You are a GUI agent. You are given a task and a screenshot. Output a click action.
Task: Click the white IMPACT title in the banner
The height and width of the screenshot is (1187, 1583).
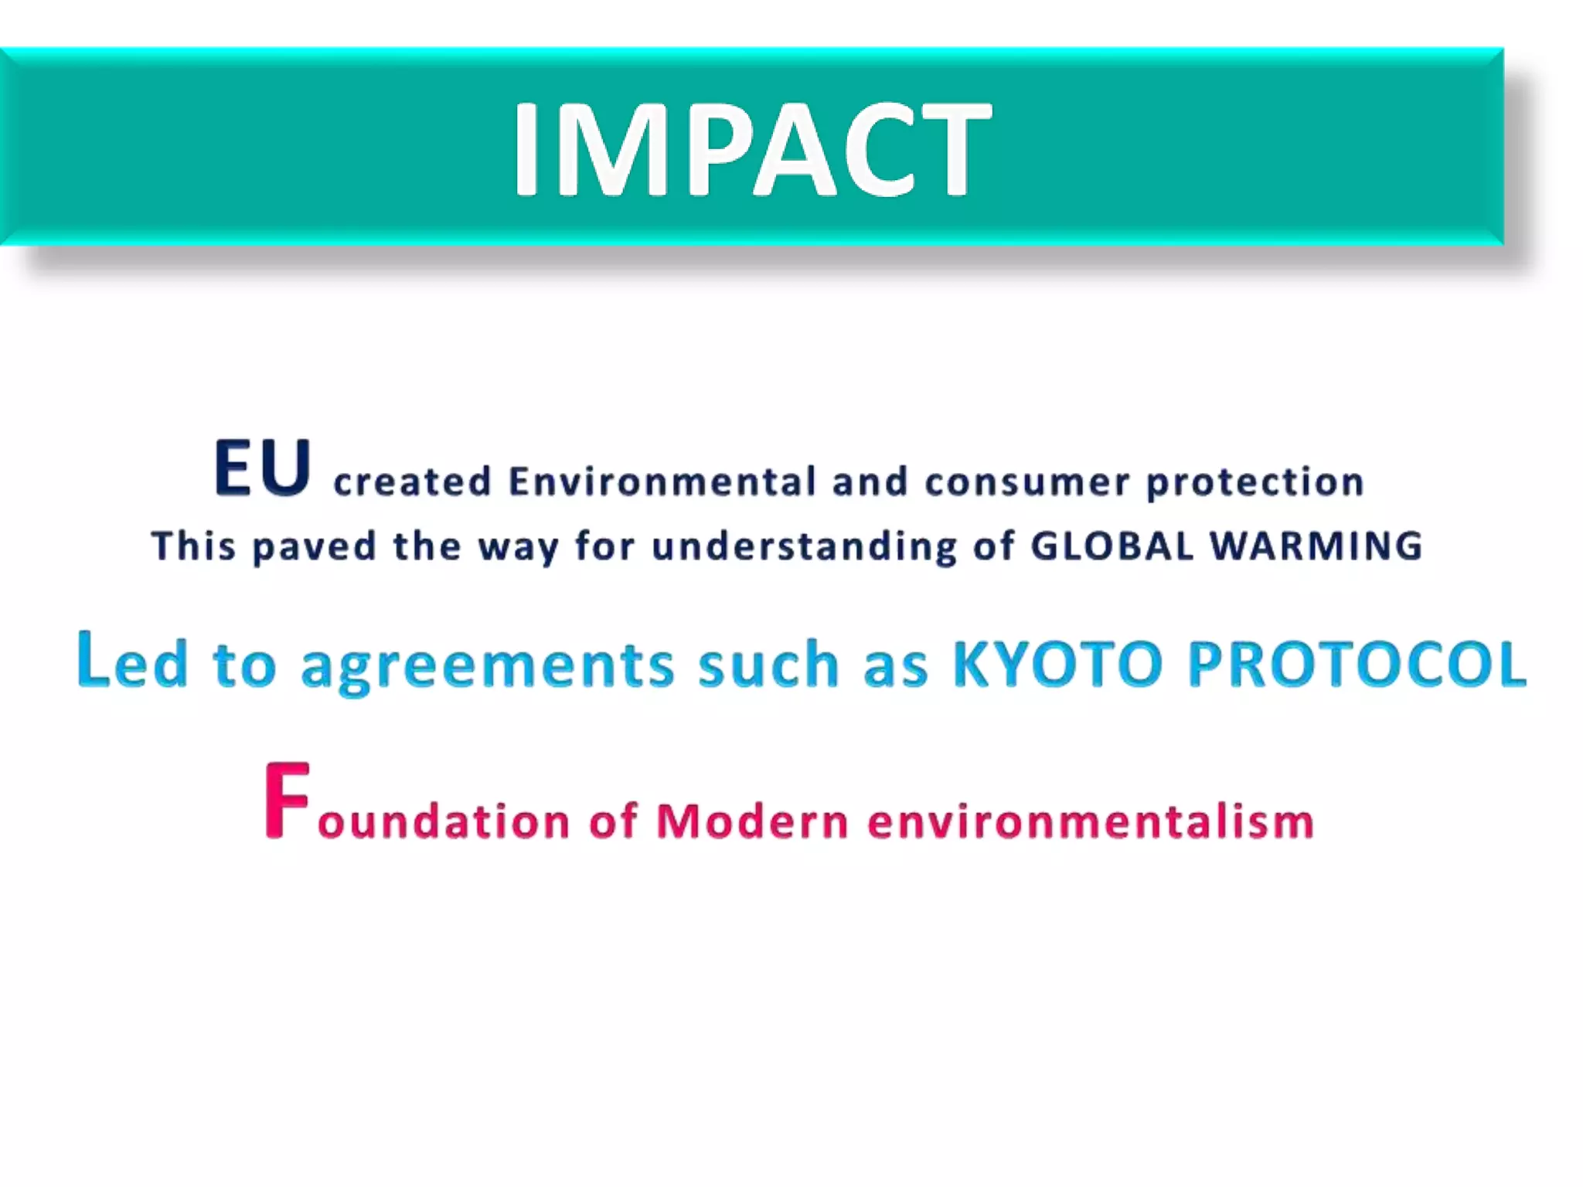point(751,148)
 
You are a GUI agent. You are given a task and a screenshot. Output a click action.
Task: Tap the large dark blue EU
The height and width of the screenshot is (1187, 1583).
point(263,468)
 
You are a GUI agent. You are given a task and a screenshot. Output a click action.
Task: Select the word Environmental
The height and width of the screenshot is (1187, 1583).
point(662,482)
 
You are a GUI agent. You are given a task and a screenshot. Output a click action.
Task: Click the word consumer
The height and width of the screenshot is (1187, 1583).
point(1027,482)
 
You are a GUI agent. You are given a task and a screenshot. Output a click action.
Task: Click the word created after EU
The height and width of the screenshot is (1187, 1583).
point(412,482)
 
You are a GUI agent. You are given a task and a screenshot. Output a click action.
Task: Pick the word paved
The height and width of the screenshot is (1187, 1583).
point(315,547)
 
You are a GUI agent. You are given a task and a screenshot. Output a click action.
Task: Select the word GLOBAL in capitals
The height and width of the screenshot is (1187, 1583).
point(1113,546)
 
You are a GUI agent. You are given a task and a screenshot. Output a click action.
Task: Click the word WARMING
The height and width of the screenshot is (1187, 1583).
point(1316,546)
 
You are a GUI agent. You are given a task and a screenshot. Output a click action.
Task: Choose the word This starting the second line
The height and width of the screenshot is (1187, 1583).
point(193,546)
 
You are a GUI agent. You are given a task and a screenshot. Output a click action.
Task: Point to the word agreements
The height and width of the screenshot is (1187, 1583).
point(488,666)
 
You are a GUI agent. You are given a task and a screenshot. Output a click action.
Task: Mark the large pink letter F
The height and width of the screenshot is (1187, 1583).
point(287,801)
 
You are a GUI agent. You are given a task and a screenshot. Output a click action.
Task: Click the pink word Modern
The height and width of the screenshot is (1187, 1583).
point(752,821)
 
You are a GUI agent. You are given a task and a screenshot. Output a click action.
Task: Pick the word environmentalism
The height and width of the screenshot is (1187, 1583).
point(1091,821)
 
